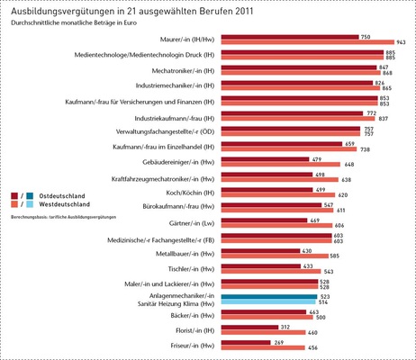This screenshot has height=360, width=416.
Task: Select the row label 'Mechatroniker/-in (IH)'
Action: [x=173, y=70]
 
